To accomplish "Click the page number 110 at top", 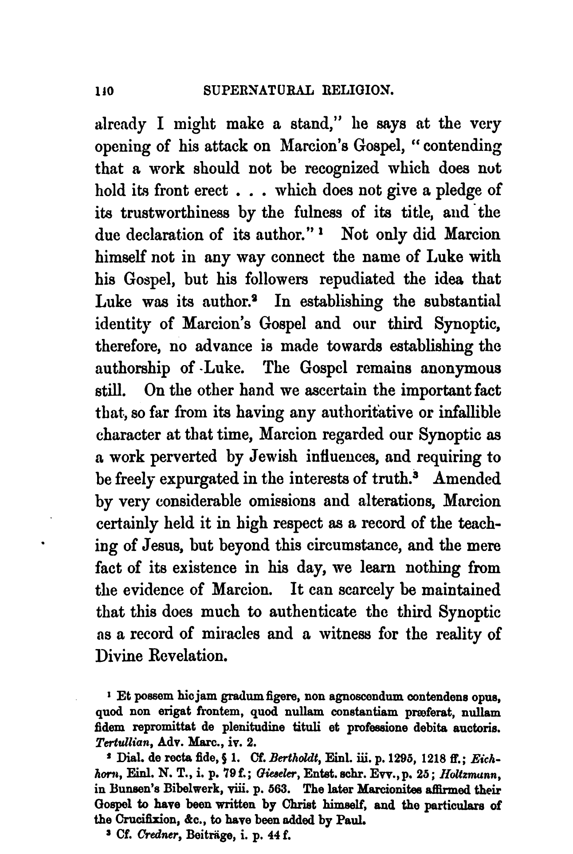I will click(x=105, y=92).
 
